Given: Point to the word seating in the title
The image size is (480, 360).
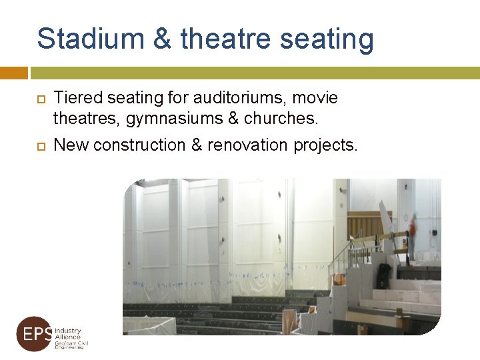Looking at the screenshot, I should click(x=327, y=40).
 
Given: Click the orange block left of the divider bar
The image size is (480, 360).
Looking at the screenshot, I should click(x=13, y=73).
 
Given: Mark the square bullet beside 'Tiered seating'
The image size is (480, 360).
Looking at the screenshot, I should click(x=40, y=99).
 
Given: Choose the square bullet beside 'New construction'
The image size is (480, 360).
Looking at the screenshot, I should click(x=40, y=145).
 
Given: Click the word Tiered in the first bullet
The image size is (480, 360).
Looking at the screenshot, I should click(x=75, y=98).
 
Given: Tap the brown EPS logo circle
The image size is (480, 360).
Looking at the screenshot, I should click(x=34, y=334).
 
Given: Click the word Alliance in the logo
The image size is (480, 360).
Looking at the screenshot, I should click(x=67, y=337).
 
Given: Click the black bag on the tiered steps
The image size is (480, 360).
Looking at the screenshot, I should click(x=383, y=274).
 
